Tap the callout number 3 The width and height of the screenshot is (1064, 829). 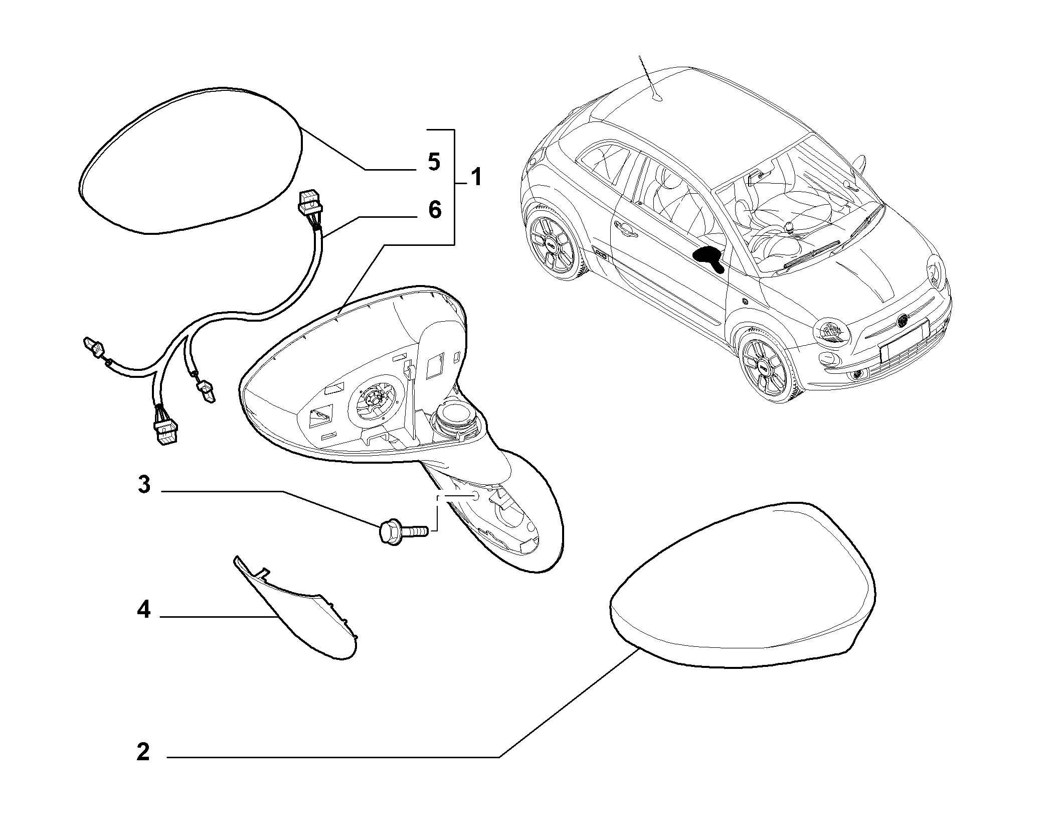coord(144,485)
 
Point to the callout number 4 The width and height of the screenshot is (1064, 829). coord(144,610)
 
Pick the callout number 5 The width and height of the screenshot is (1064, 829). coord(434,162)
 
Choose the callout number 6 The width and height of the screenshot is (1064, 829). coord(434,209)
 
